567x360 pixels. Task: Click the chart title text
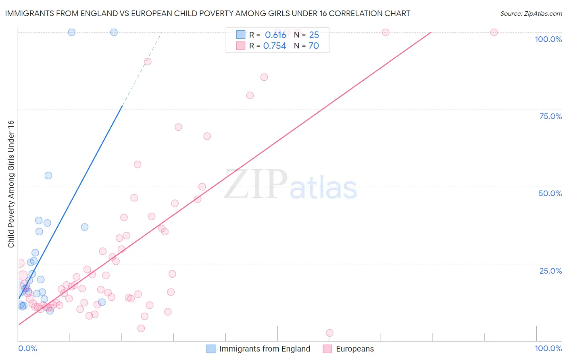pos(207,13)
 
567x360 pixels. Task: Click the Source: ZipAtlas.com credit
pos(531,13)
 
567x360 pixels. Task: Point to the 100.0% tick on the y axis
pos(548,39)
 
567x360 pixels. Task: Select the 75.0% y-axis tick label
pos(550,116)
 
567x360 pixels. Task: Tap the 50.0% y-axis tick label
pos(550,193)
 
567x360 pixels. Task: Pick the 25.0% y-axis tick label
pos(550,270)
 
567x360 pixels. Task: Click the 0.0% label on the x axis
pos(27,348)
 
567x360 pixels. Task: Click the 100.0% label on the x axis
pos(548,348)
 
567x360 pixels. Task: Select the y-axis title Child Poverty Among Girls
pos(11,184)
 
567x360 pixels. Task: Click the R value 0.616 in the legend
pos(275,35)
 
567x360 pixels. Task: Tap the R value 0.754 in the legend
pos(275,46)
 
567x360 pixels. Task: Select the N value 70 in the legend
pos(314,46)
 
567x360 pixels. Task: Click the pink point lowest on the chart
pos(329,333)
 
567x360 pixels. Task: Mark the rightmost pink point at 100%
pos(494,32)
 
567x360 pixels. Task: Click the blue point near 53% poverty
pos(48,176)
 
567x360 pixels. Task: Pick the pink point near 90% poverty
pos(148,61)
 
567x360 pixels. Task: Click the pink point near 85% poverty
pos(264,77)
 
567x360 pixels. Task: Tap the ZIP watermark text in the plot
pos(256,185)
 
